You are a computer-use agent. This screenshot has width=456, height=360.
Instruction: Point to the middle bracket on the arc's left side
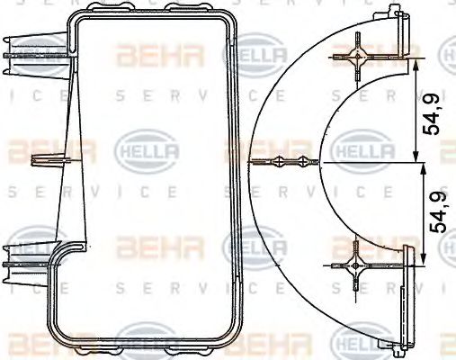pos(286,163)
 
